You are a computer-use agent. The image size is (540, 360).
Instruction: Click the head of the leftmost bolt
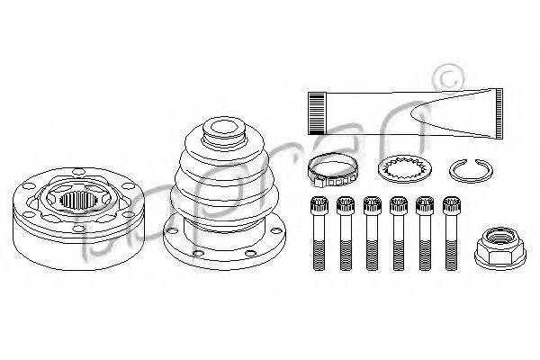click(316, 205)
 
